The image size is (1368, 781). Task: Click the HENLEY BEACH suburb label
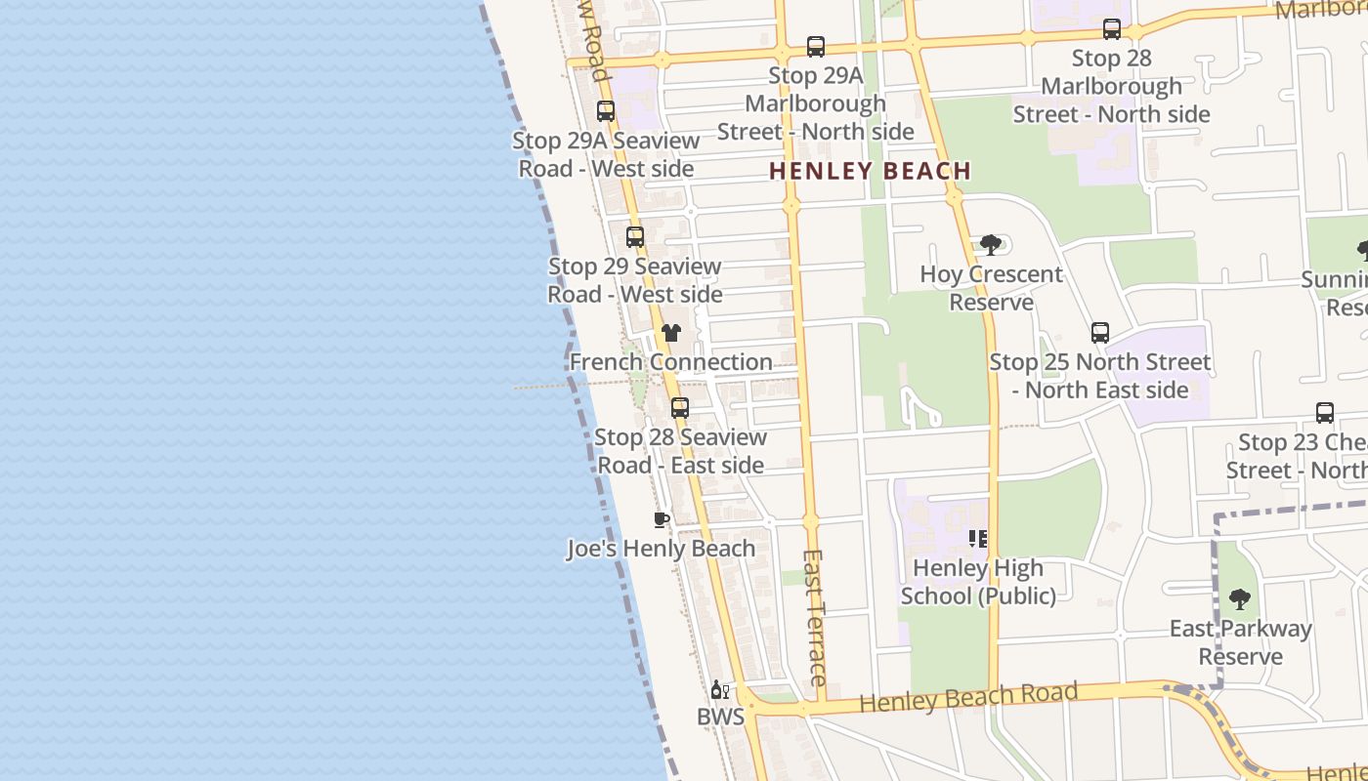(870, 171)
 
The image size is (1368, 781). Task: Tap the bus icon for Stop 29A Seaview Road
(606, 111)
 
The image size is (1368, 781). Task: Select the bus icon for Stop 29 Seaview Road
(635, 236)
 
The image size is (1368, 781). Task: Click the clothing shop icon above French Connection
(670, 333)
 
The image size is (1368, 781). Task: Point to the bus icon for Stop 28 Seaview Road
(680, 408)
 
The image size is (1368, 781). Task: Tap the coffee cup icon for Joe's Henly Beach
(661, 519)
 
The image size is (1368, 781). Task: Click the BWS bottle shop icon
(720, 690)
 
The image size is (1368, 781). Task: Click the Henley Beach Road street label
(968, 697)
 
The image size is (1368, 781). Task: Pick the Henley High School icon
(978, 539)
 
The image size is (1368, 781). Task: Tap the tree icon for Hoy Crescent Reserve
(990, 244)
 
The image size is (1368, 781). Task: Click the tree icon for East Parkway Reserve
(1240, 598)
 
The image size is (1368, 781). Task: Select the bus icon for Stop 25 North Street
(1100, 333)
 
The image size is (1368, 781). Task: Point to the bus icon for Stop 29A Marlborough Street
(816, 46)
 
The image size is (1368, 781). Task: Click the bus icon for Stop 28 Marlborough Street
(1112, 29)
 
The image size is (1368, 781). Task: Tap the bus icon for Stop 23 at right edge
(1325, 413)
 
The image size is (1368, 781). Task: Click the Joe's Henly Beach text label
(662, 549)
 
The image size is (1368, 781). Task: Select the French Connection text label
(671, 362)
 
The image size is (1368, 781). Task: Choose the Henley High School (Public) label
(978, 582)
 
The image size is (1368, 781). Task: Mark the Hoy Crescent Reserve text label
(992, 288)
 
